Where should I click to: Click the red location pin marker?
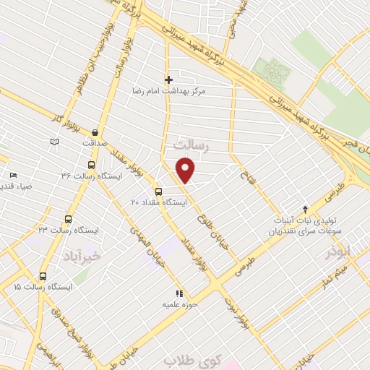[x=186, y=171]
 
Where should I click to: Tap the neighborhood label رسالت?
[x=192, y=147]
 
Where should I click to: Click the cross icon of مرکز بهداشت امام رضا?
[x=168, y=79]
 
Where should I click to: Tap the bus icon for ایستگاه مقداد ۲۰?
[x=158, y=192]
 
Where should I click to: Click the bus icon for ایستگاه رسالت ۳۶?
[x=90, y=164]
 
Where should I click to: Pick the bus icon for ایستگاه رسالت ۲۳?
[x=69, y=218]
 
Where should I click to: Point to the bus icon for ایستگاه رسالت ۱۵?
[x=43, y=276]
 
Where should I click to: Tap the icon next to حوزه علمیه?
[x=180, y=293]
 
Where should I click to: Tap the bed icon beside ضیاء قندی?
[x=13, y=175]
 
